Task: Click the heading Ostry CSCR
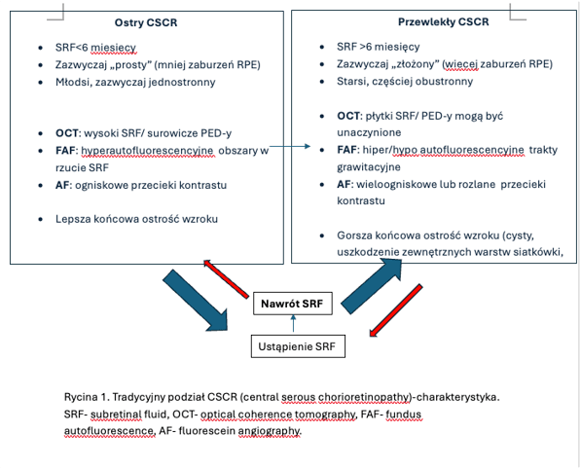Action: (146, 22)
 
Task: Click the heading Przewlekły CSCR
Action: (444, 21)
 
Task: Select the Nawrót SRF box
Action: (293, 304)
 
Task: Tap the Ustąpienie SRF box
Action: (298, 346)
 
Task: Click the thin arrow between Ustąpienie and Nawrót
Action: (294, 323)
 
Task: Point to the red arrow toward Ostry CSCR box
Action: (226, 278)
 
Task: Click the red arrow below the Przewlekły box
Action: (396, 310)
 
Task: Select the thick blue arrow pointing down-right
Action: (196, 300)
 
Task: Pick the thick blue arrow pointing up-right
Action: (372, 286)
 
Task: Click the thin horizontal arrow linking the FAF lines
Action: (290, 146)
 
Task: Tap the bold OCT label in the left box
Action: (67, 133)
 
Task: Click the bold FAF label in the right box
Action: (347, 150)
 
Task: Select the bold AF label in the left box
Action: (62, 185)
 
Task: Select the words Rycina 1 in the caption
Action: (86, 397)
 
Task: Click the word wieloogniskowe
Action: (396, 184)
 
